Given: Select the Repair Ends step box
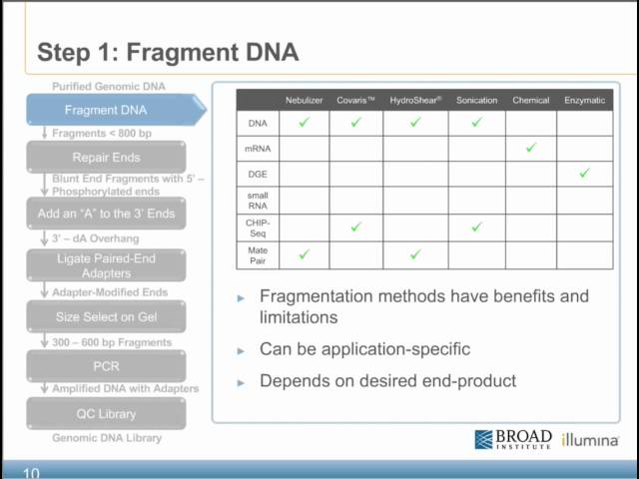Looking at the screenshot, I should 106,158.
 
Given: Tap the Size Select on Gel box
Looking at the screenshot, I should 106,317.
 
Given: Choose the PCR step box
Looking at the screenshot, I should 106,366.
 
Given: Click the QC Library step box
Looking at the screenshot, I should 106,414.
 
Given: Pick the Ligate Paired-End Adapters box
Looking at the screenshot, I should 106,265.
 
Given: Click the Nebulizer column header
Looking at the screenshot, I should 305,100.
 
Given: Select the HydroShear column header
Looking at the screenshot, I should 415,100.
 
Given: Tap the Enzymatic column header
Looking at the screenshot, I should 584,100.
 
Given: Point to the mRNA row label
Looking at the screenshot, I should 257,149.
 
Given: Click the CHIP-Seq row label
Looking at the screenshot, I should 257,227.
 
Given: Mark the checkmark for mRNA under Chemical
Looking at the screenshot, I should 530,148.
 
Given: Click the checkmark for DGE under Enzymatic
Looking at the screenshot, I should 584,174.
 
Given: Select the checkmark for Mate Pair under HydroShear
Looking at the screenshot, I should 415,254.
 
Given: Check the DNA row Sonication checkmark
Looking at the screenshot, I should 476,123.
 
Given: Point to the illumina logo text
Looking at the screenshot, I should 589,440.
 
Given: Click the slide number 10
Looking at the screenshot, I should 31,472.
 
